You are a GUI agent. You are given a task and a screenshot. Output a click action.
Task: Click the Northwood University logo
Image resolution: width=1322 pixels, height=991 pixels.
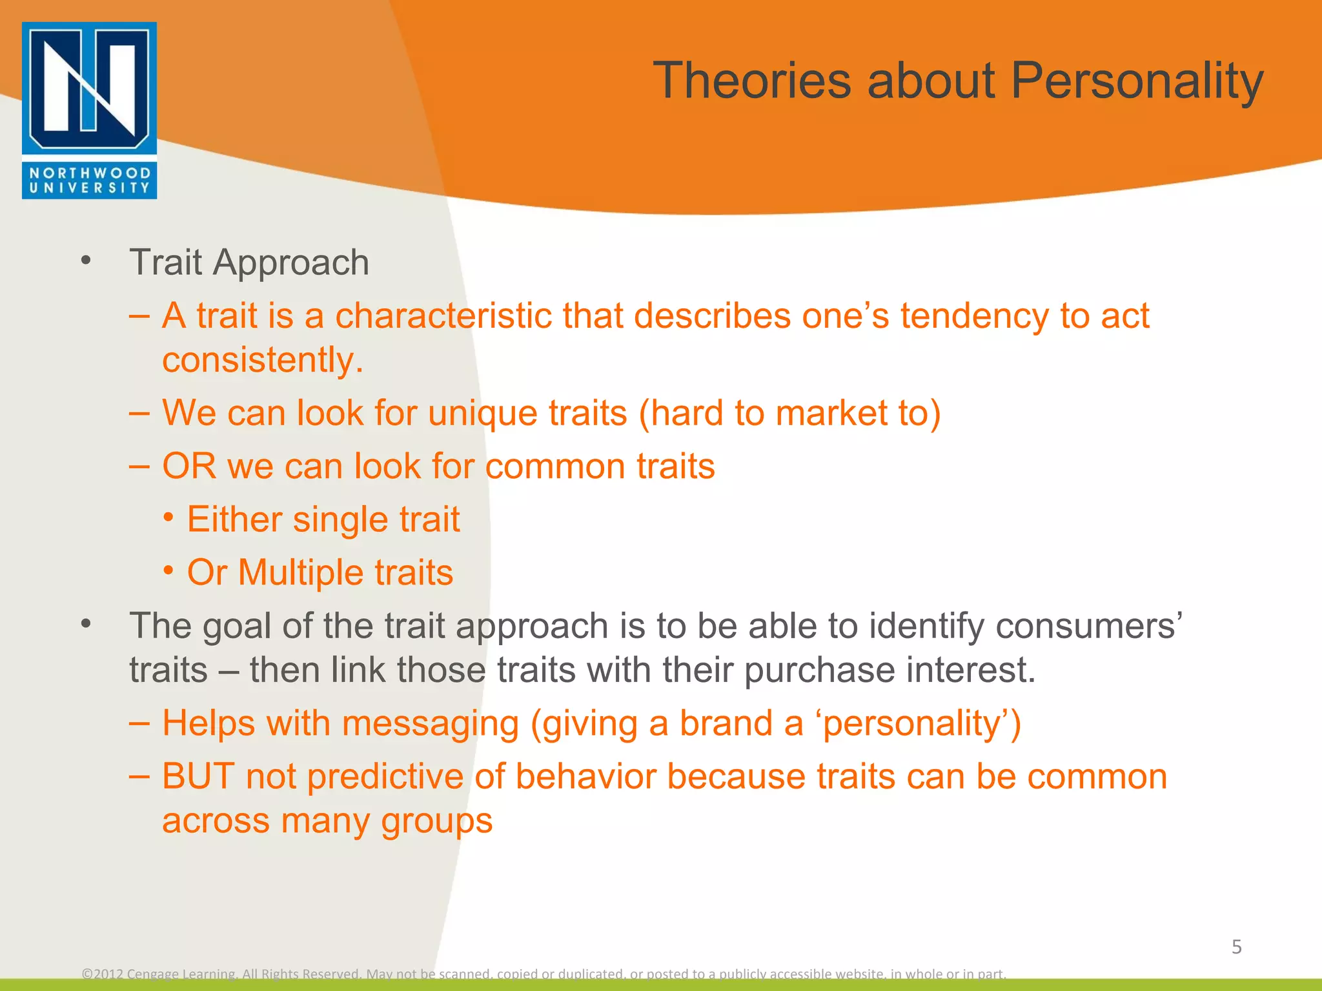click(x=89, y=110)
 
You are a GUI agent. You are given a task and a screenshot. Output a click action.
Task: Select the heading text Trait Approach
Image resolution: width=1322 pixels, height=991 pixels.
click(x=249, y=263)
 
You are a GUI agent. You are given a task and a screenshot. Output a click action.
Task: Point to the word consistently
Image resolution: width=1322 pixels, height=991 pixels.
click(x=262, y=360)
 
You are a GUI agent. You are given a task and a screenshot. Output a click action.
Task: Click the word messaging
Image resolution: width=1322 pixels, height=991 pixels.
click(x=431, y=724)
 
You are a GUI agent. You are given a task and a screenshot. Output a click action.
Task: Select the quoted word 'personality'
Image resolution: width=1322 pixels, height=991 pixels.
click(x=916, y=724)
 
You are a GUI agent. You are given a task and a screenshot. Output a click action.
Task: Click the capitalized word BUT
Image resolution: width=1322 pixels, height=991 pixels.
click(x=198, y=777)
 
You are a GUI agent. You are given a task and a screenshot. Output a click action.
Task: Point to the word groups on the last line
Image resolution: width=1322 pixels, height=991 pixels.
click(x=436, y=821)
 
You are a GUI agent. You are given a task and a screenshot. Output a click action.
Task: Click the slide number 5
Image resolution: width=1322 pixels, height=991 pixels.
click(x=1236, y=947)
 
